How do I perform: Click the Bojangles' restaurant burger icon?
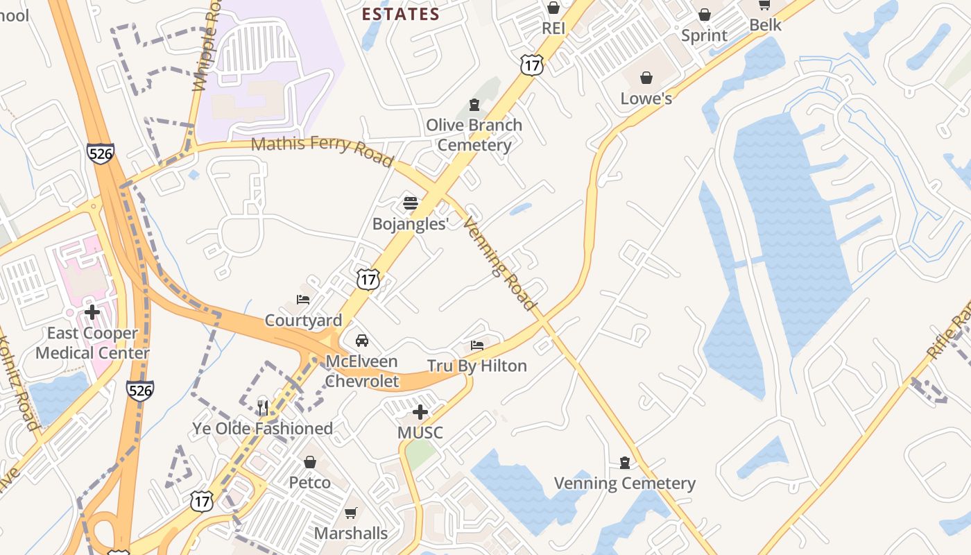tap(411, 203)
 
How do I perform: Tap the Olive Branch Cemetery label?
tap(474, 135)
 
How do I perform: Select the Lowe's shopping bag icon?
tap(646, 78)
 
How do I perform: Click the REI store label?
tap(553, 28)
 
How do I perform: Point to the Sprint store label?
tap(704, 35)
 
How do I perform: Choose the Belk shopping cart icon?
tap(764, 6)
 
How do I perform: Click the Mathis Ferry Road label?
tap(322, 150)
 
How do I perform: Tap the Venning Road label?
tap(500, 264)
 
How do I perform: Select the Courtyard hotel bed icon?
tap(303, 300)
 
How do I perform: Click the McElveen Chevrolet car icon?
tap(361, 341)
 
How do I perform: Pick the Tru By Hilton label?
tap(477, 366)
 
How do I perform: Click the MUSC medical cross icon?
tap(420, 413)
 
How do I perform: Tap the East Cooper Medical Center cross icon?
tap(92, 312)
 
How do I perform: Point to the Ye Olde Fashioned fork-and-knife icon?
tap(262, 408)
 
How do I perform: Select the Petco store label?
tap(309, 482)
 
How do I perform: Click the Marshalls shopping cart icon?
tap(351, 513)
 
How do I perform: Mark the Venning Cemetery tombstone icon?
tap(625, 463)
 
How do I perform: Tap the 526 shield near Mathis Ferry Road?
tap(101, 153)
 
